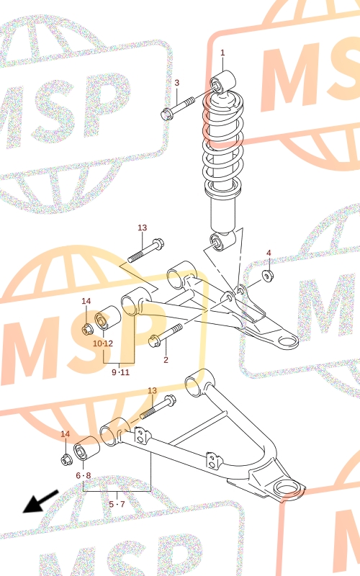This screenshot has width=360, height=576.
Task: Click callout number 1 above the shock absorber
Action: tap(222, 53)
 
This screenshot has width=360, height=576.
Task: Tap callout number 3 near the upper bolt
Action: tap(176, 83)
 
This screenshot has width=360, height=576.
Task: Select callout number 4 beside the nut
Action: tap(269, 253)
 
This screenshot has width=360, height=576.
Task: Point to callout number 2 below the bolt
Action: tap(166, 359)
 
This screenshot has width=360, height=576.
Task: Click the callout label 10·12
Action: tap(103, 344)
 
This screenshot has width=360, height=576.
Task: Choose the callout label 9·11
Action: tap(120, 372)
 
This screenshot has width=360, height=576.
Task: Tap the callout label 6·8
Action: tap(84, 476)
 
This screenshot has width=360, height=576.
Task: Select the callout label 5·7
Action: tap(117, 504)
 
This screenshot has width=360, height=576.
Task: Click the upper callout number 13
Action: tap(142, 228)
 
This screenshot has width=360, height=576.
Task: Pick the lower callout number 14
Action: tap(65, 434)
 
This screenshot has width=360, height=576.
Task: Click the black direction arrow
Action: tap(40, 501)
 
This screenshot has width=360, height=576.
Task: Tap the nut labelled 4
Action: tap(267, 275)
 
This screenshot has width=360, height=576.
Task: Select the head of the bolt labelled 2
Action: tap(154, 341)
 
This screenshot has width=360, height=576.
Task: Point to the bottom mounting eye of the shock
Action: tap(222, 241)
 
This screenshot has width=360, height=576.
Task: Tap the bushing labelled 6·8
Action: tap(86, 449)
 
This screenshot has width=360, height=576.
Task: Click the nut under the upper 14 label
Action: tap(87, 330)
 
